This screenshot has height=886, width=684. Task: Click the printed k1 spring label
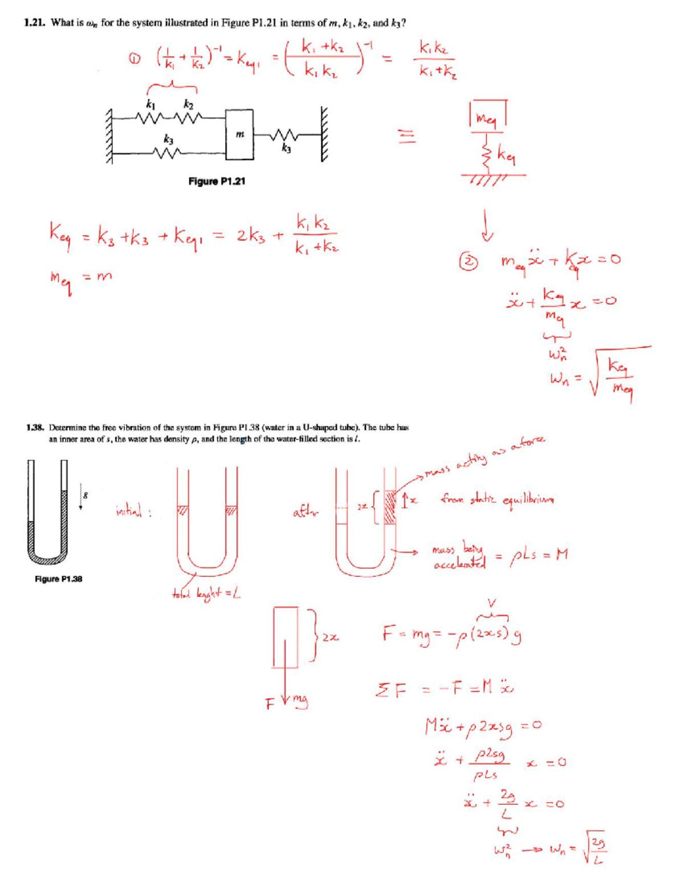[150, 104]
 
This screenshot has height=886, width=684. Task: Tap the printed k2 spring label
[189, 104]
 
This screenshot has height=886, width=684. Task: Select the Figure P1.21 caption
[217, 181]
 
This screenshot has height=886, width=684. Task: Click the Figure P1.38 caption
[58, 578]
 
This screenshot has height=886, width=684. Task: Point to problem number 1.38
[35, 427]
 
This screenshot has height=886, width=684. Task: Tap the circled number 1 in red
[135, 58]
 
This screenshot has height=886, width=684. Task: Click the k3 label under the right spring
[286, 149]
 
